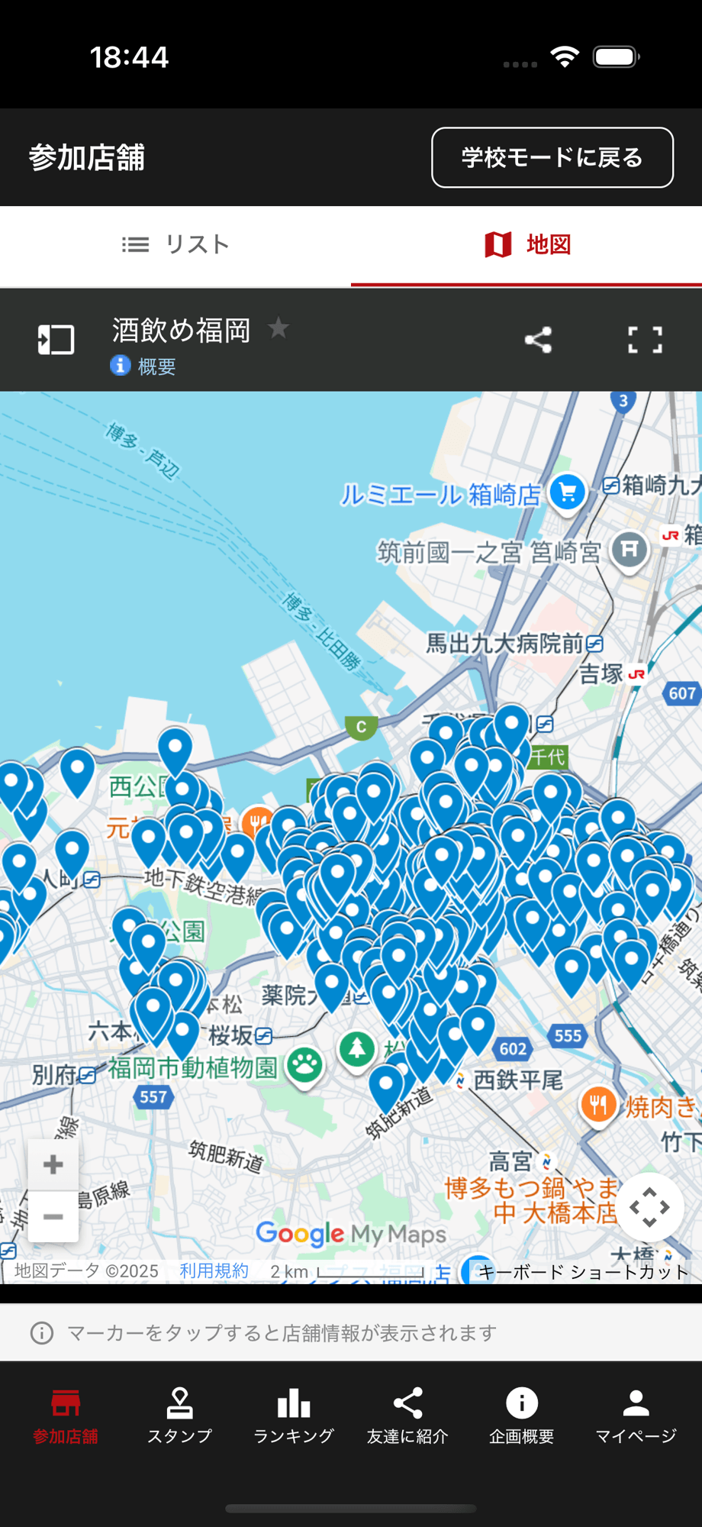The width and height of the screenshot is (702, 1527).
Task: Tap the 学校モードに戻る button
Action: pyautogui.click(x=552, y=157)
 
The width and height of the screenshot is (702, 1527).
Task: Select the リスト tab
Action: pyautogui.click(x=175, y=244)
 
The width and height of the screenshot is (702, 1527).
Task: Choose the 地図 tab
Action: pyautogui.click(x=526, y=244)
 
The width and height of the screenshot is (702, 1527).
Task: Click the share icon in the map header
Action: pyautogui.click(x=538, y=340)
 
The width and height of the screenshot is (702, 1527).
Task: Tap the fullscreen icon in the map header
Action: pyautogui.click(x=645, y=340)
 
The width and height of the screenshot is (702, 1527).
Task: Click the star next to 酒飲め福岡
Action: pyautogui.click(x=279, y=328)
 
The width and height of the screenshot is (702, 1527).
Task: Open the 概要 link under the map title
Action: pyautogui.click(x=156, y=366)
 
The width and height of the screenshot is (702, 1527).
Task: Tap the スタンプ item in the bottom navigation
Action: pyautogui.click(x=179, y=1416)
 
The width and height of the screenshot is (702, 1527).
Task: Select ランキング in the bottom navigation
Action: pyautogui.click(x=294, y=1416)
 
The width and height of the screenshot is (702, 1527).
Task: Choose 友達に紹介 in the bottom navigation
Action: pyautogui.click(x=407, y=1416)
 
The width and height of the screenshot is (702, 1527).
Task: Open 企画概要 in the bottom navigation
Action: pyautogui.click(x=522, y=1416)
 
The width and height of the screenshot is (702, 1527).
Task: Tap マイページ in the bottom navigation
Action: pyautogui.click(x=636, y=1416)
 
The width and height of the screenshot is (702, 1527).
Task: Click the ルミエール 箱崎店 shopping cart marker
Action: pyautogui.click(x=567, y=492)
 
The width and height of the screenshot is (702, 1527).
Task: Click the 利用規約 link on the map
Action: pyautogui.click(x=214, y=1271)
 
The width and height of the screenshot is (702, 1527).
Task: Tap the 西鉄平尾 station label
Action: pyautogui.click(x=517, y=1080)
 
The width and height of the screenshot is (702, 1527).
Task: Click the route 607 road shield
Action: pyautogui.click(x=682, y=693)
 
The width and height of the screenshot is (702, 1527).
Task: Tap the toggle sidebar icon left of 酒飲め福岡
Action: pyautogui.click(x=56, y=340)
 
